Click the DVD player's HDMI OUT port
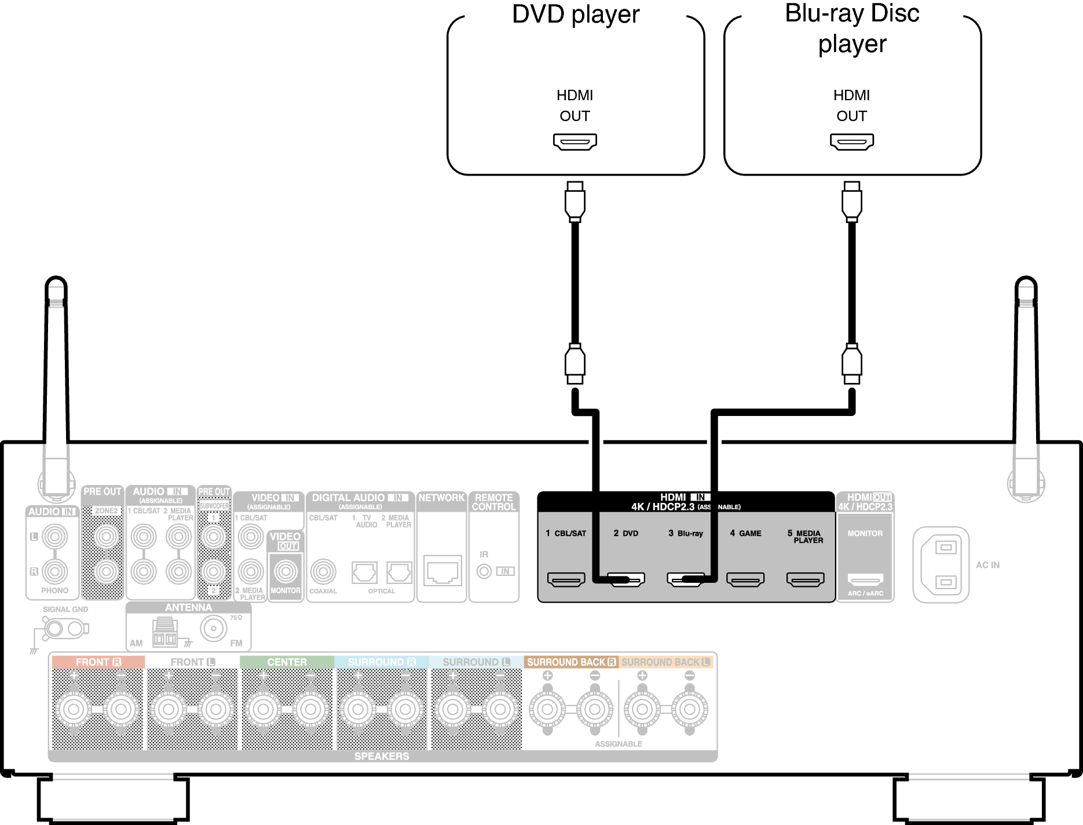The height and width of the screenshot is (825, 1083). (575, 141)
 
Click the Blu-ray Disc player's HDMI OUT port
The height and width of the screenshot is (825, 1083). (851, 141)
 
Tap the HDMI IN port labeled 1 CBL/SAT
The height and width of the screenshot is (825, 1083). (566, 579)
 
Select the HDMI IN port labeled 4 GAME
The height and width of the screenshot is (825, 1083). (745, 579)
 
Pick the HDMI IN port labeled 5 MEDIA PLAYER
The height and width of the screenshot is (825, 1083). (805, 579)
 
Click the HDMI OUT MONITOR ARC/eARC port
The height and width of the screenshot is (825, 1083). (865, 579)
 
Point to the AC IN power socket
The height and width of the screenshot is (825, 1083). (941, 564)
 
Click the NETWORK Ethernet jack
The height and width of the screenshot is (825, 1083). (442, 571)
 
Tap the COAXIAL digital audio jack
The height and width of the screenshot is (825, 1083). (323, 572)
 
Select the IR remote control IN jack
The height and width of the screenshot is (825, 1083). (484, 571)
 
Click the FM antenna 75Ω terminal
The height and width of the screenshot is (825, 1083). (214, 629)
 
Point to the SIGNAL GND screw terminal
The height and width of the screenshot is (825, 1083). (55, 629)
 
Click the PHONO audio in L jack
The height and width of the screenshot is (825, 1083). (55, 537)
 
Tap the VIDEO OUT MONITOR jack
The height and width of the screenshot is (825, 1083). (286, 572)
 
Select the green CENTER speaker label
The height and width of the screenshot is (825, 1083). (287, 662)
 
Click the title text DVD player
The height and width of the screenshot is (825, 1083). (576, 14)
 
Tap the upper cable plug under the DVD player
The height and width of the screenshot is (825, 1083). (575, 201)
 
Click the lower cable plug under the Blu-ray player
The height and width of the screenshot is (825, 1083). (851, 363)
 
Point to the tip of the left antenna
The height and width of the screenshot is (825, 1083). (56, 280)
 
